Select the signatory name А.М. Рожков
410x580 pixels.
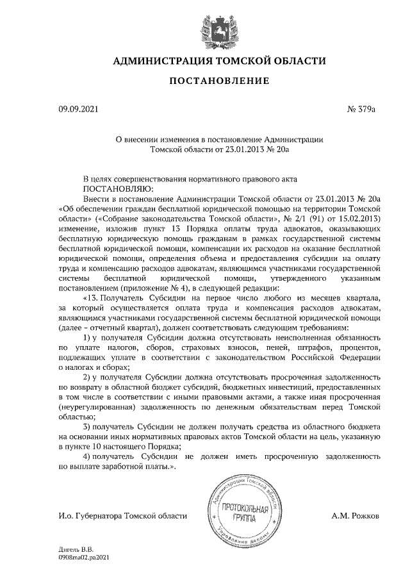[x=356, y=515]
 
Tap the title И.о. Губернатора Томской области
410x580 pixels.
[x=122, y=515]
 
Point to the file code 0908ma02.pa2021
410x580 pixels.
[x=85, y=558]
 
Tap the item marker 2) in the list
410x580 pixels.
[x=89, y=377]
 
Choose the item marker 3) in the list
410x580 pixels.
[x=89, y=426]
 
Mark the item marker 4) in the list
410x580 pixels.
[x=89, y=456]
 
